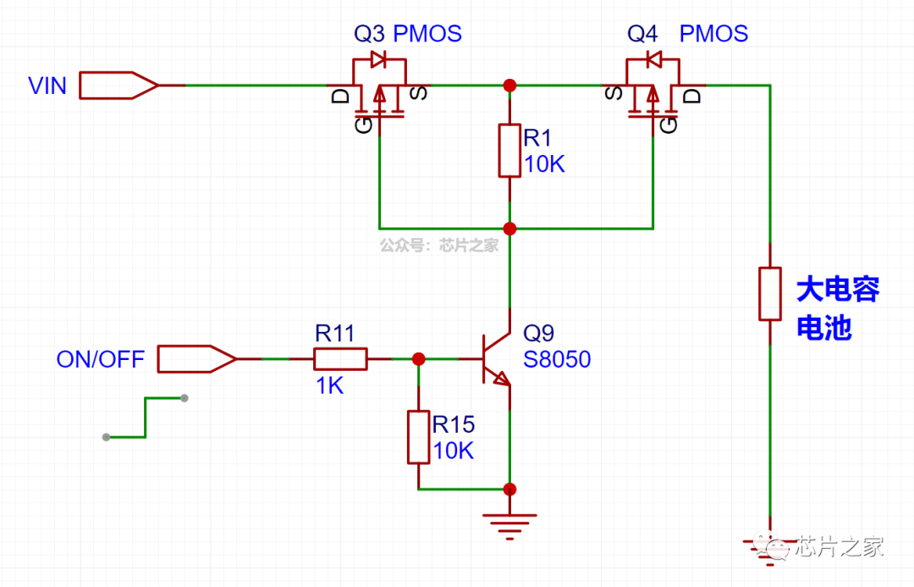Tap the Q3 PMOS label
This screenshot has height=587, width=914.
pos(408,34)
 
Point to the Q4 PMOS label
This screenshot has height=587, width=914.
pos(687,34)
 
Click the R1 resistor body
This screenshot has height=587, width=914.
pos(509,150)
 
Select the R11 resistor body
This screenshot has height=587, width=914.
pos(340,359)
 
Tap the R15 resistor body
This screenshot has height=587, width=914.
pos(418,437)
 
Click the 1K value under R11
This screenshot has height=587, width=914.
pos(329,386)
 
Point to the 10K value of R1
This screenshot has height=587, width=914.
pos(544,163)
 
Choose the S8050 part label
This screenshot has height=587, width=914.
pos(557,360)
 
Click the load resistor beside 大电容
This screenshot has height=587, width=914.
pos(769,294)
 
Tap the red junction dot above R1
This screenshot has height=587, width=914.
pos(509,86)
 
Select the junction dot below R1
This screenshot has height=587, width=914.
pos(509,229)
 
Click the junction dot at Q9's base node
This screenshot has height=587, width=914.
pos(418,359)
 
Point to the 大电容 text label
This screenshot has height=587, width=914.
pos(838,291)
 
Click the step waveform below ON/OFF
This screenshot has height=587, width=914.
pos(146,418)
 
